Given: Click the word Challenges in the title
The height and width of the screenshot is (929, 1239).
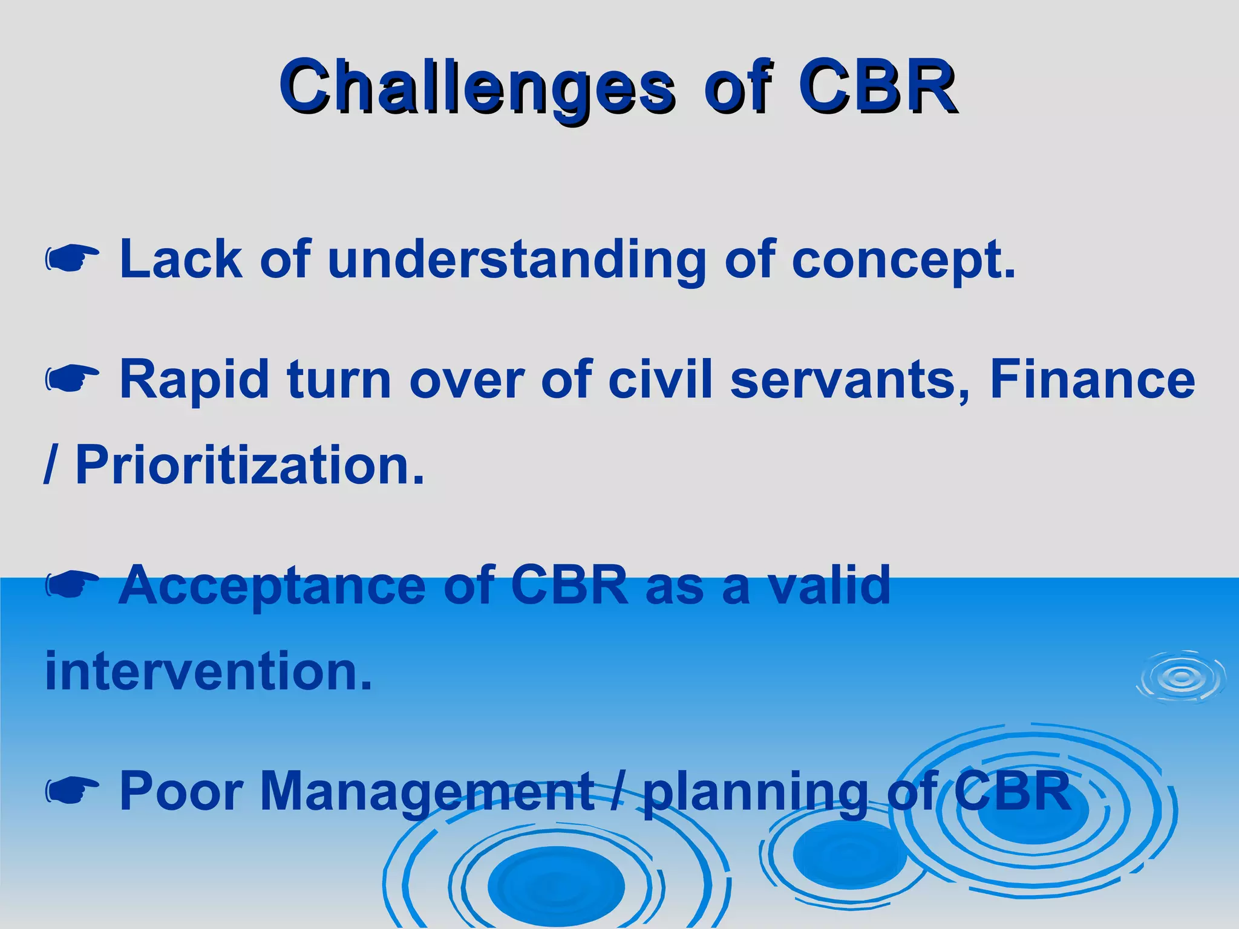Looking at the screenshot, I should pos(475,88).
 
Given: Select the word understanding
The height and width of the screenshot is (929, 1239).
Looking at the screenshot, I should pos(517,260).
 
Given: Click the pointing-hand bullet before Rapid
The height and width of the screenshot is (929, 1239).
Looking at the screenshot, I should pos(72,379).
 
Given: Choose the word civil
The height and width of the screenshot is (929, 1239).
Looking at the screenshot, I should pos(660,380).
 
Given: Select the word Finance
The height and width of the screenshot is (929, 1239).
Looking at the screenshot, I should pos(1093,380).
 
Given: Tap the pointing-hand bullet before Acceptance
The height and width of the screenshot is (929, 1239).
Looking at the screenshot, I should pos(72,585).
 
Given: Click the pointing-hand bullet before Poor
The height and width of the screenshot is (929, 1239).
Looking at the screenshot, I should pos(72,790).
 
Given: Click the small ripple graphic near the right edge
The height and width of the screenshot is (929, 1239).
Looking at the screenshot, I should pos(1181,677).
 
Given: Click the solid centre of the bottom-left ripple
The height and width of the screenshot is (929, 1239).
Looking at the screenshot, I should pos(555,886).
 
